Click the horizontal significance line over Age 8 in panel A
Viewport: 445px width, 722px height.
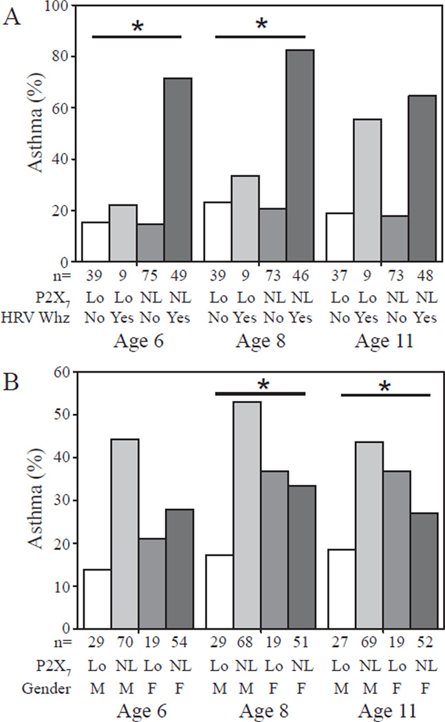260,36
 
